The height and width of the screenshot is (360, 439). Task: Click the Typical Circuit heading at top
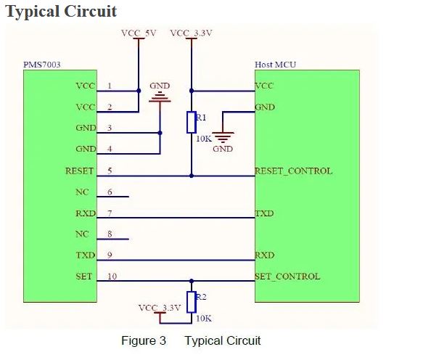pos(61,12)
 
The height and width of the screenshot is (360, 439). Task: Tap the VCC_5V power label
pos(138,33)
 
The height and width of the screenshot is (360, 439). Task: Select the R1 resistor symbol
pos(192,122)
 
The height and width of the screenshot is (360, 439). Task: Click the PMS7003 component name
pos(41,65)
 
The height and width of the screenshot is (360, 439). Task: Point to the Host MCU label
pos(275,65)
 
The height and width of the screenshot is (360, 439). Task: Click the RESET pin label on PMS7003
pos(80,171)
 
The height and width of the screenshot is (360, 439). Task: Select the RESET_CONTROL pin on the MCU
pos(293,171)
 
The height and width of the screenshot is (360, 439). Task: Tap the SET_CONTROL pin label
pos(287,277)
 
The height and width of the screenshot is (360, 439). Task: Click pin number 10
pos(112,277)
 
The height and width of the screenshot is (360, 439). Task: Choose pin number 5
pos(110,171)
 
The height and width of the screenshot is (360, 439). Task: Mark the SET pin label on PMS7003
pos(84,277)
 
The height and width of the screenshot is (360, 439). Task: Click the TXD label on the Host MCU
pos(264,214)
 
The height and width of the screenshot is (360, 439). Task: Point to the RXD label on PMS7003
pos(85,214)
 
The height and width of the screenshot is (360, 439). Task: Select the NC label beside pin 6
pos(81,193)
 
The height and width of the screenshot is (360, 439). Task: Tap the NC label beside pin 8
pos(81,234)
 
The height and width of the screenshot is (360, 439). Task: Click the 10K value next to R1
pos(204,137)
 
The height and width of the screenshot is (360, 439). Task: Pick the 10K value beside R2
pos(204,317)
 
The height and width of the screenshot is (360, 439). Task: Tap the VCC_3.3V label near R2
pos(159,308)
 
